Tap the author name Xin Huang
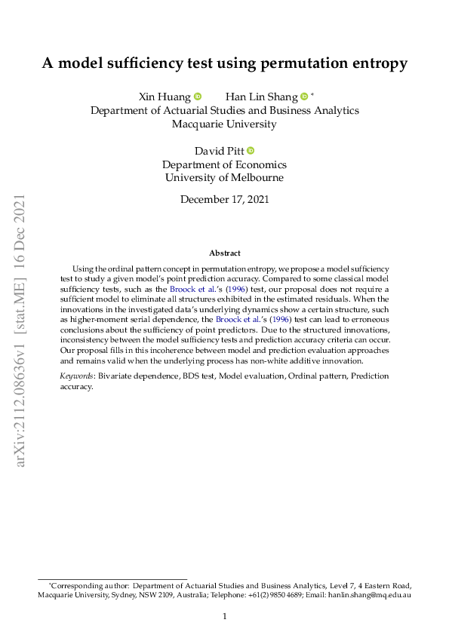pyautogui.click(x=165, y=97)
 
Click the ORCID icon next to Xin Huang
pyautogui.click(x=198, y=97)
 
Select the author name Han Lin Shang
pyautogui.click(x=261, y=97)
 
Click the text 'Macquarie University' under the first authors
pyautogui.click(x=224, y=124)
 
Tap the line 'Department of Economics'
pyautogui.click(x=224, y=164)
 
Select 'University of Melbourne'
pyautogui.click(x=224, y=178)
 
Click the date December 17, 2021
pyautogui.click(x=224, y=200)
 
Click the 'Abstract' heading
pyautogui.click(x=224, y=253)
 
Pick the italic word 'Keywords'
pyautogui.click(x=75, y=376)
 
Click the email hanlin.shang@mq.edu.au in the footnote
pyautogui.click(x=374, y=595)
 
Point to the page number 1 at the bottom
pyautogui.click(x=224, y=617)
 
